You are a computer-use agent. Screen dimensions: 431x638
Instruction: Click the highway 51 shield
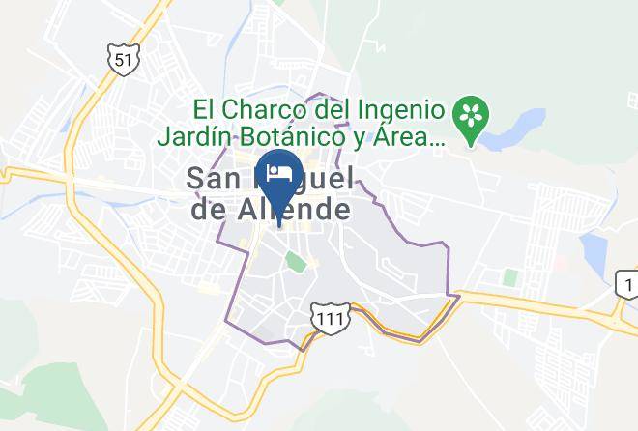121,60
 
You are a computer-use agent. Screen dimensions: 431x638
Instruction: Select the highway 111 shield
326,317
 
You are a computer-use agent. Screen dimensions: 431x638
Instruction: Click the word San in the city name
212,178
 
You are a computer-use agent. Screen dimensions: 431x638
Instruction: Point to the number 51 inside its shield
121,60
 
